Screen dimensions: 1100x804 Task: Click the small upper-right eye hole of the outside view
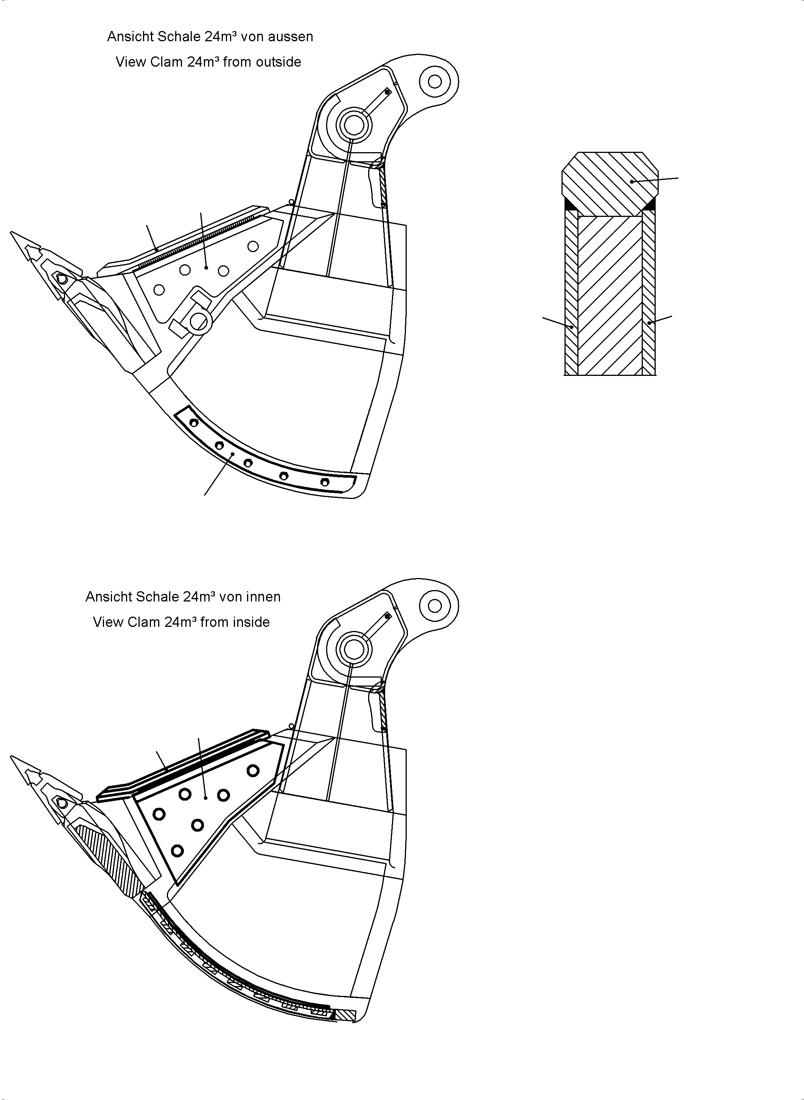pyautogui.click(x=435, y=81)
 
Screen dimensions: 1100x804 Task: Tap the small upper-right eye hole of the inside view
pyautogui.click(x=435, y=606)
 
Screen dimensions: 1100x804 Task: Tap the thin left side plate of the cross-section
pyautogui.click(x=571, y=297)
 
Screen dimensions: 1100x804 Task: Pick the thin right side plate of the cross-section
pyautogui.click(x=649, y=297)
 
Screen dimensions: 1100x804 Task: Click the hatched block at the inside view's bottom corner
pyautogui.click(x=347, y=1016)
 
